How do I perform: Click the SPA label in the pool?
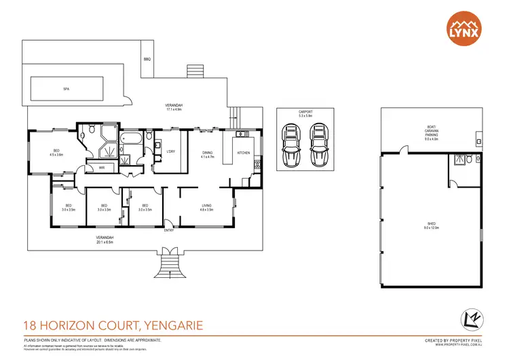pos(67,89)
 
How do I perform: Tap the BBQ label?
pos(147,60)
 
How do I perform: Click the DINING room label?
pos(207,154)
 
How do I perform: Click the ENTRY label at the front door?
pos(169,230)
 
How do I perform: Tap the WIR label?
pos(101,167)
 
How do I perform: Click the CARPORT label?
pos(305,113)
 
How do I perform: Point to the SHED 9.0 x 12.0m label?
pos(431,224)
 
